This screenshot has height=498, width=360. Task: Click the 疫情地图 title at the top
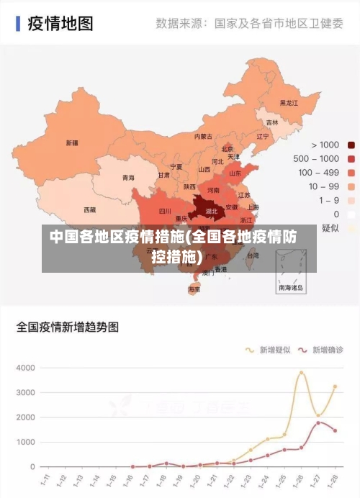pyautogui.click(x=60, y=23)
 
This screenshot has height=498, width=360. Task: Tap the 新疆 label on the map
pyautogui.click(x=72, y=142)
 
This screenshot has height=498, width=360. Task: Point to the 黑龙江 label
pyautogui.click(x=289, y=103)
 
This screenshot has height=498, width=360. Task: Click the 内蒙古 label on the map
pyautogui.click(x=204, y=136)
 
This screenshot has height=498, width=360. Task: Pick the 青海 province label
pyautogui.click(x=127, y=177)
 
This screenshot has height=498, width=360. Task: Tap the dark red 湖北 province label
pyautogui.click(x=212, y=212)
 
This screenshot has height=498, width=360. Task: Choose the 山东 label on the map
pyautogui.click(x=235, y=173)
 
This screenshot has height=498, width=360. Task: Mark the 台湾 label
pyautogui.click(x=253, y=255)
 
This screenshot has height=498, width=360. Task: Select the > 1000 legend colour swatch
pyautogui.click(x=351, y=145)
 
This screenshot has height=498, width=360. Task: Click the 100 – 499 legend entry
pyautogui.click(x=319, y=172)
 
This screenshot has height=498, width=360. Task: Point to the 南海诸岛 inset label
pyautogui.click(x=291, y=287)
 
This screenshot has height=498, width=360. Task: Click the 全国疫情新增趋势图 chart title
pyautogui.click(x=68, y=327)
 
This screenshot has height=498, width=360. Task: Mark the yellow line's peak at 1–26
pyautogui.click(x=302, y=372)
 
